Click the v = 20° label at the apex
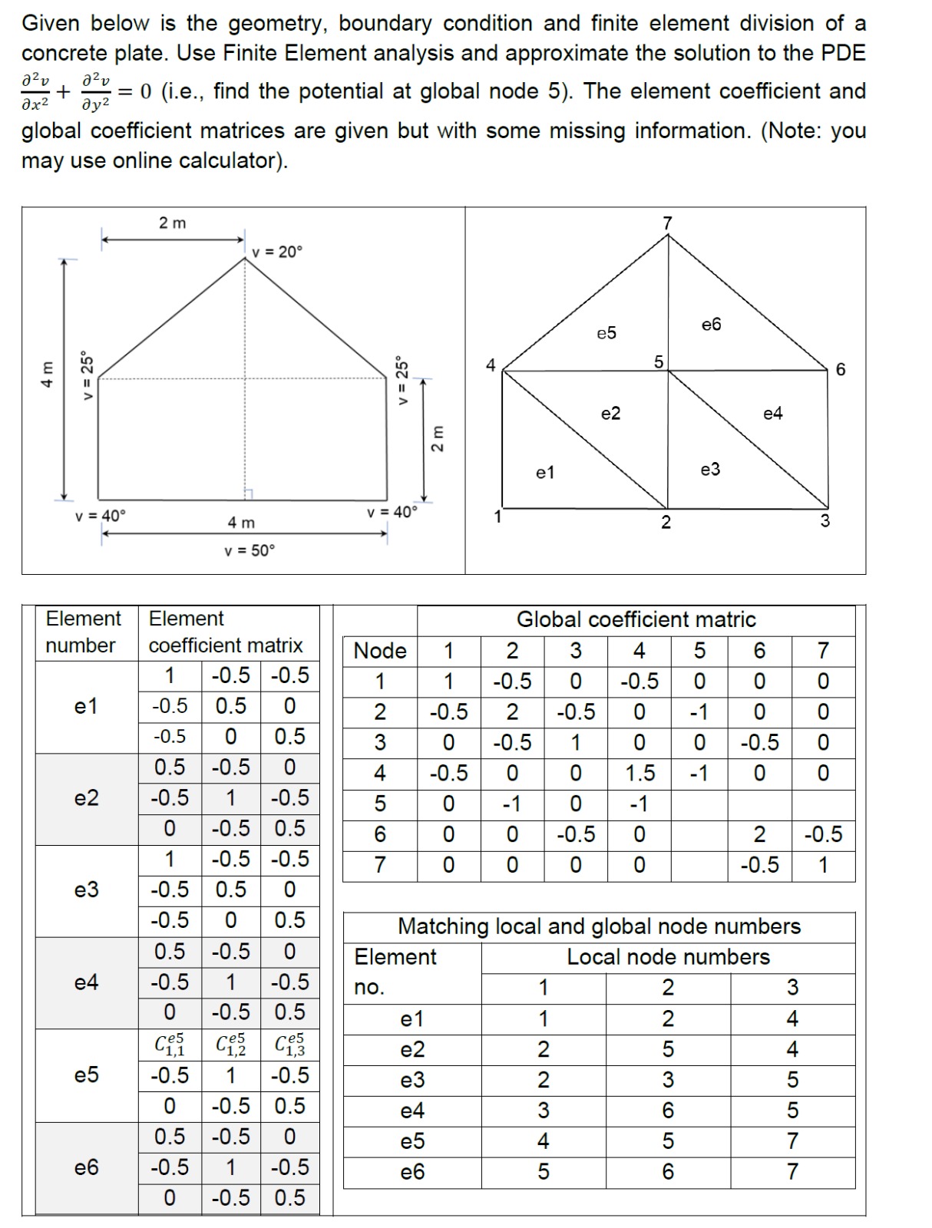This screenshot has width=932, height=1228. point(277,252)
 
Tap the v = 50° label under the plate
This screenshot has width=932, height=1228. point(249,550)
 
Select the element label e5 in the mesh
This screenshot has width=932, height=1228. point(606,333)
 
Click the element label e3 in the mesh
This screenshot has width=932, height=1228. point(711,469)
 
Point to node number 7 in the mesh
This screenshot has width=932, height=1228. point(667,223)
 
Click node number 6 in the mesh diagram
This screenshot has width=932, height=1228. point(840,370)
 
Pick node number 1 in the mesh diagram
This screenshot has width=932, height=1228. point(497,517)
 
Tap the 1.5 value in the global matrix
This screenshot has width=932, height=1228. point(639,773)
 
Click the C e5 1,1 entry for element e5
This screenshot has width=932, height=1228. point(170,1045)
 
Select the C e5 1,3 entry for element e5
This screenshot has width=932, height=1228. point(289,1045)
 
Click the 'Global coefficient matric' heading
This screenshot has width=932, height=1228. point(636,619)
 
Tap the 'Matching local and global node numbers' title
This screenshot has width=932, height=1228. point(599,926)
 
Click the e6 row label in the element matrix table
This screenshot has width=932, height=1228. point(87,1167)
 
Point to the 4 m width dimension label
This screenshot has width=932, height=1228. point(241,523)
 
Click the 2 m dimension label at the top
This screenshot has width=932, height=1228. point(172,223)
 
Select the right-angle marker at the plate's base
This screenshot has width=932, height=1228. point(249,494)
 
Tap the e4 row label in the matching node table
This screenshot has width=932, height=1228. point(412,1111)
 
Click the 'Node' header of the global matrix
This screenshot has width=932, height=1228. point(379,651)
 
